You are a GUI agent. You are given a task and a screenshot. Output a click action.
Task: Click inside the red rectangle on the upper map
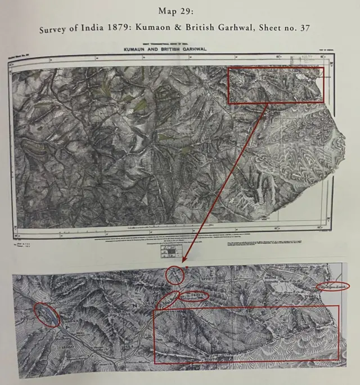click(276, 85)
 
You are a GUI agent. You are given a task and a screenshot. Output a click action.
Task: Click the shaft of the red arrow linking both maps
click(225, 180)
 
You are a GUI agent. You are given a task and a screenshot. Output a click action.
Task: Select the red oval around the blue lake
click(47, 315)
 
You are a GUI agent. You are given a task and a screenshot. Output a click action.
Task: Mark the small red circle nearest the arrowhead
click(175, 275)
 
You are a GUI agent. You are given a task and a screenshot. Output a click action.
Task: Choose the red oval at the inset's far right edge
click(333, 286)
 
